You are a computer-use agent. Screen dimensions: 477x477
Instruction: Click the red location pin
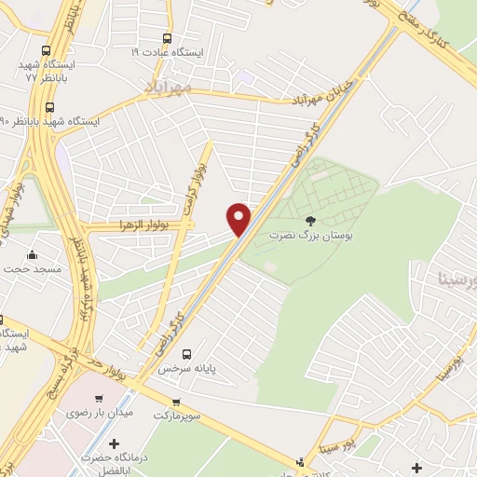239,217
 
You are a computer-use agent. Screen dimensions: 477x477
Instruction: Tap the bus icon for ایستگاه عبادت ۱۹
167,38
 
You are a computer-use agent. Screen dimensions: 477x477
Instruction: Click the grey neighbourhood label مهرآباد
169,87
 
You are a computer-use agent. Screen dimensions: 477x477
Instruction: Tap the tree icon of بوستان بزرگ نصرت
310,221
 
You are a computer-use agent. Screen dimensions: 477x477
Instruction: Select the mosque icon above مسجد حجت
33,255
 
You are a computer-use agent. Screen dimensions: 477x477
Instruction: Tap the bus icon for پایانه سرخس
186,354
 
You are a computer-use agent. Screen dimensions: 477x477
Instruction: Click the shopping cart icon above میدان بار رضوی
123,399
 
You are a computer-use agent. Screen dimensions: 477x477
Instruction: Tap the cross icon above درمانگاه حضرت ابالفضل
114,443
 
